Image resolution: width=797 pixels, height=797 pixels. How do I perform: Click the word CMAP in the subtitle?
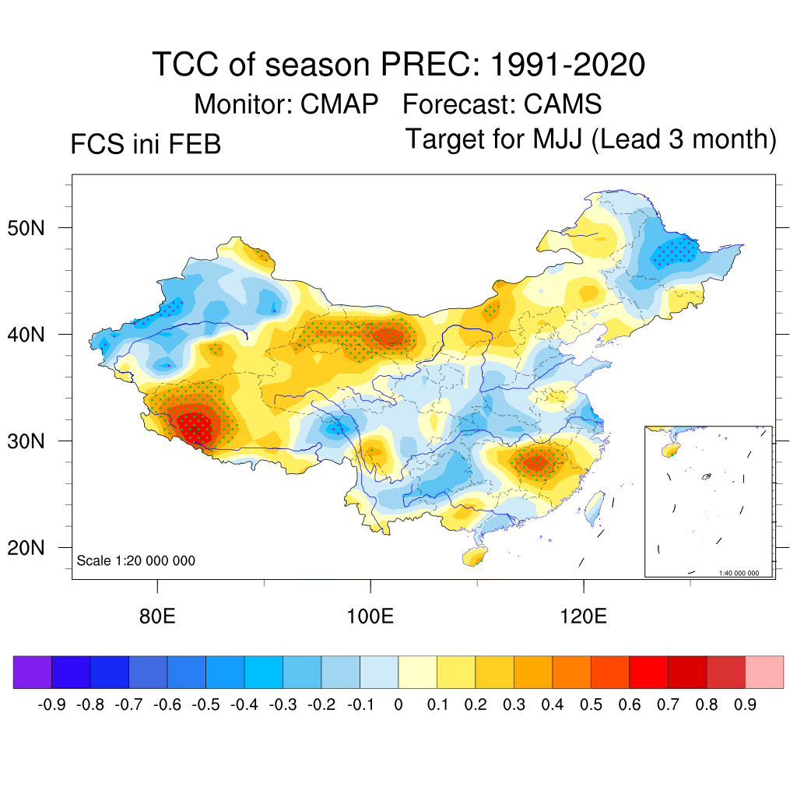tap(340, 104)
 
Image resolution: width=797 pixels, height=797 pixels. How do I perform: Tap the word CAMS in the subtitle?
tap(563, 104)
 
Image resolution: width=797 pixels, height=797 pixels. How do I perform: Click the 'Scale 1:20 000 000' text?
tap(136, 560)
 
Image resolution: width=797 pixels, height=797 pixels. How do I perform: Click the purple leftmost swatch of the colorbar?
tap(33, 672)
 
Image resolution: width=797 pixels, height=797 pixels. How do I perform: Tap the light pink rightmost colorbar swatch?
tap(764, 672)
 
